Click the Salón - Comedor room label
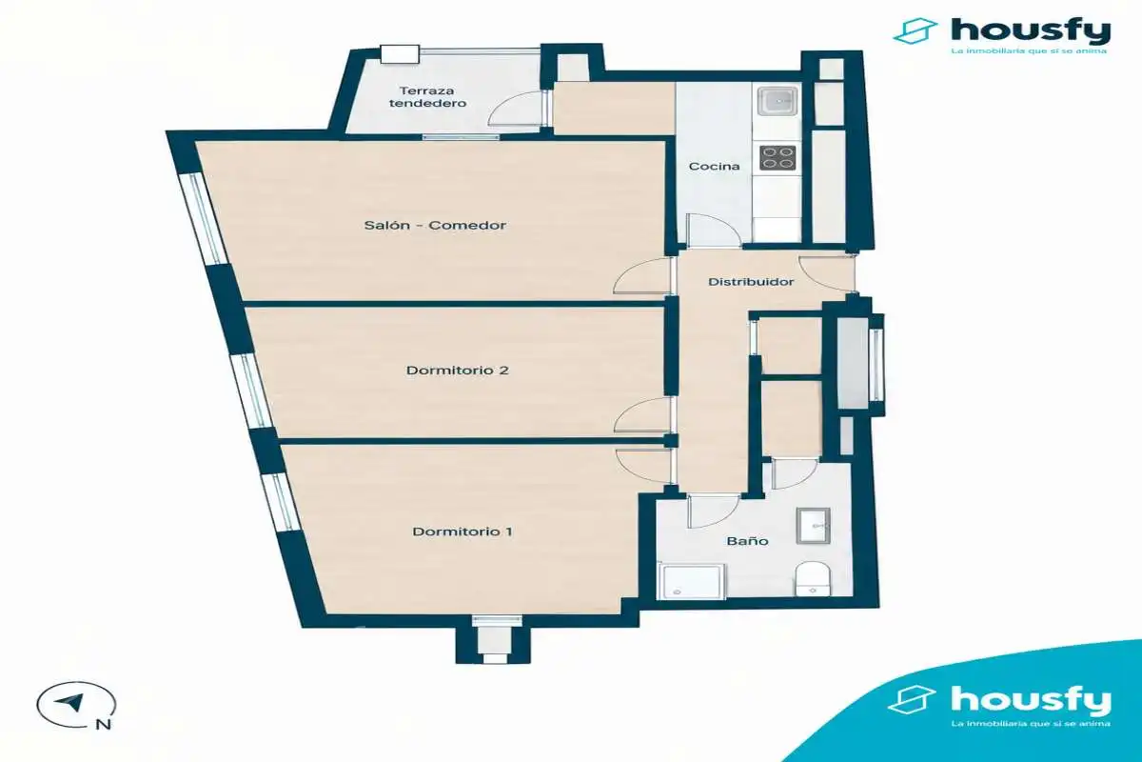(x=435, y=225)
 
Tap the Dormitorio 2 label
(x=458, y=370)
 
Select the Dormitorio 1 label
(x=463, y=531)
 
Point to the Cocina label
(x=714, y=167)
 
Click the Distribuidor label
(x=751, y=282)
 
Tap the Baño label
(x=747, y=541)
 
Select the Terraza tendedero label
(x=427, y=97)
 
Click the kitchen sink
(x=777, y=101)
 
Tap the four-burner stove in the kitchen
(x=778, y=158)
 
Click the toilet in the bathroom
(x=813, y=579)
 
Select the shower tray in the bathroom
(x=692, y=581)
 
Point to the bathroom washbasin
(x=813, y=525)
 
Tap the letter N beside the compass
(x=104, y=724)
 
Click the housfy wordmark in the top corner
(x=1031, y=32)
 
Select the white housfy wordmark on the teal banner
(x=1031, y=701)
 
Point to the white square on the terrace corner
(x=399, y=54)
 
